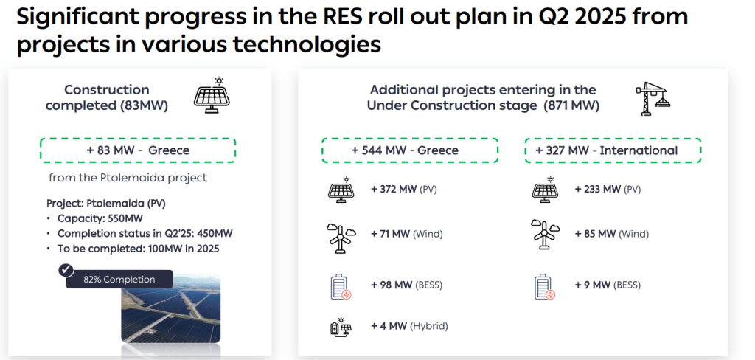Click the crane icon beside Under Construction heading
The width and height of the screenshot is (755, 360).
[x=653, y=99]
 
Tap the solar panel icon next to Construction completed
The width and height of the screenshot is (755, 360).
[x=212, y=95]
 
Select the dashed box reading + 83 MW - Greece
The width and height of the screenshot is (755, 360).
[x=138, y=150]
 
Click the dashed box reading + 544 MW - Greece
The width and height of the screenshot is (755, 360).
[x=410, y=150]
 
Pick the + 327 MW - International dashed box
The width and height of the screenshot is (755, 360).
[x=613, y=150]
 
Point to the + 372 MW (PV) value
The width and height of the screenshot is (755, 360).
[x=403, y=190]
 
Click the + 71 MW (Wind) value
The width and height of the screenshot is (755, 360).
[x=406, y=234]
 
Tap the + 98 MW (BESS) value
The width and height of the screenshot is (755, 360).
[x=406, y=285]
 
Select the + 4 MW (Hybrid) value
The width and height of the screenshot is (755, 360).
[x=409, y=326]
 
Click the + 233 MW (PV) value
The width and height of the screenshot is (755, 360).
[x=608, y=190]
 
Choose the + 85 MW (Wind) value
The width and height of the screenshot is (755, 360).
[x=611, y=234]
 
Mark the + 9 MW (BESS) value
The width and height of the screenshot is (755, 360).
[x=608, y=285]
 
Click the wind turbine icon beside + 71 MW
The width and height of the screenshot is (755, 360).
[x=341, y=238]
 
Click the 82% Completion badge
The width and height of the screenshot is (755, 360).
[x=119, y=279]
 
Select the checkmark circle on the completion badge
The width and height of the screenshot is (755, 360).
[x=66, y=270]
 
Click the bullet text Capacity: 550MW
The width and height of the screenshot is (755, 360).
[x=100, y=218]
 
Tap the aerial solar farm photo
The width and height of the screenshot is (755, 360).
[x=170, y=308]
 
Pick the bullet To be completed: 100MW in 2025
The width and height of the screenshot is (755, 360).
[x=138, y=249]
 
